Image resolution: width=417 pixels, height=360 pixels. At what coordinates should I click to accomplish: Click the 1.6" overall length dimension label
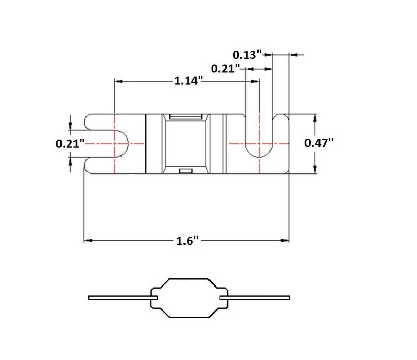coord(188,241)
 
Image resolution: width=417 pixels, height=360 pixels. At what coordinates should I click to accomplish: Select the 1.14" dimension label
coord(188,81)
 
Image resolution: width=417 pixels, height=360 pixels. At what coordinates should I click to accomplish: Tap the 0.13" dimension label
coord(247,55)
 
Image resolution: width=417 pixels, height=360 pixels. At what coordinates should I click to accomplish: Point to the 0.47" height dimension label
coord(318,143)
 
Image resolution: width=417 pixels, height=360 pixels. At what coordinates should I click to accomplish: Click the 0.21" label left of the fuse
coord(70,144)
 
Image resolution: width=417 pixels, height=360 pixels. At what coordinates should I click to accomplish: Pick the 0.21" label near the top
coord(226,69)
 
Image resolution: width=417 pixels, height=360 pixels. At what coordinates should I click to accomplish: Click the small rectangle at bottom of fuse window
coord(186,171)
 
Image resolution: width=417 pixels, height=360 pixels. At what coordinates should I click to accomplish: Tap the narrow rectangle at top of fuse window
coord(186,117)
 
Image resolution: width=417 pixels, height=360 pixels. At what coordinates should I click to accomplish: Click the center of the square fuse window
coord(186,144)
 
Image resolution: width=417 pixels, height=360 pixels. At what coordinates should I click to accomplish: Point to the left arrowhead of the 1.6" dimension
coord(88,240)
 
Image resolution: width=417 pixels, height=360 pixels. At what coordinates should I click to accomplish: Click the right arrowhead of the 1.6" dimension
coord(285,240)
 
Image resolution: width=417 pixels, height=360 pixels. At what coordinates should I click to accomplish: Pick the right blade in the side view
coord(255,297)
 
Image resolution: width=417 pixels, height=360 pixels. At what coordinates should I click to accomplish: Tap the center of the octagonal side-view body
coord(189,298)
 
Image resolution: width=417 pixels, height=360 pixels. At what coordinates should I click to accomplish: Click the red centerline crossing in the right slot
coord(259,144)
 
